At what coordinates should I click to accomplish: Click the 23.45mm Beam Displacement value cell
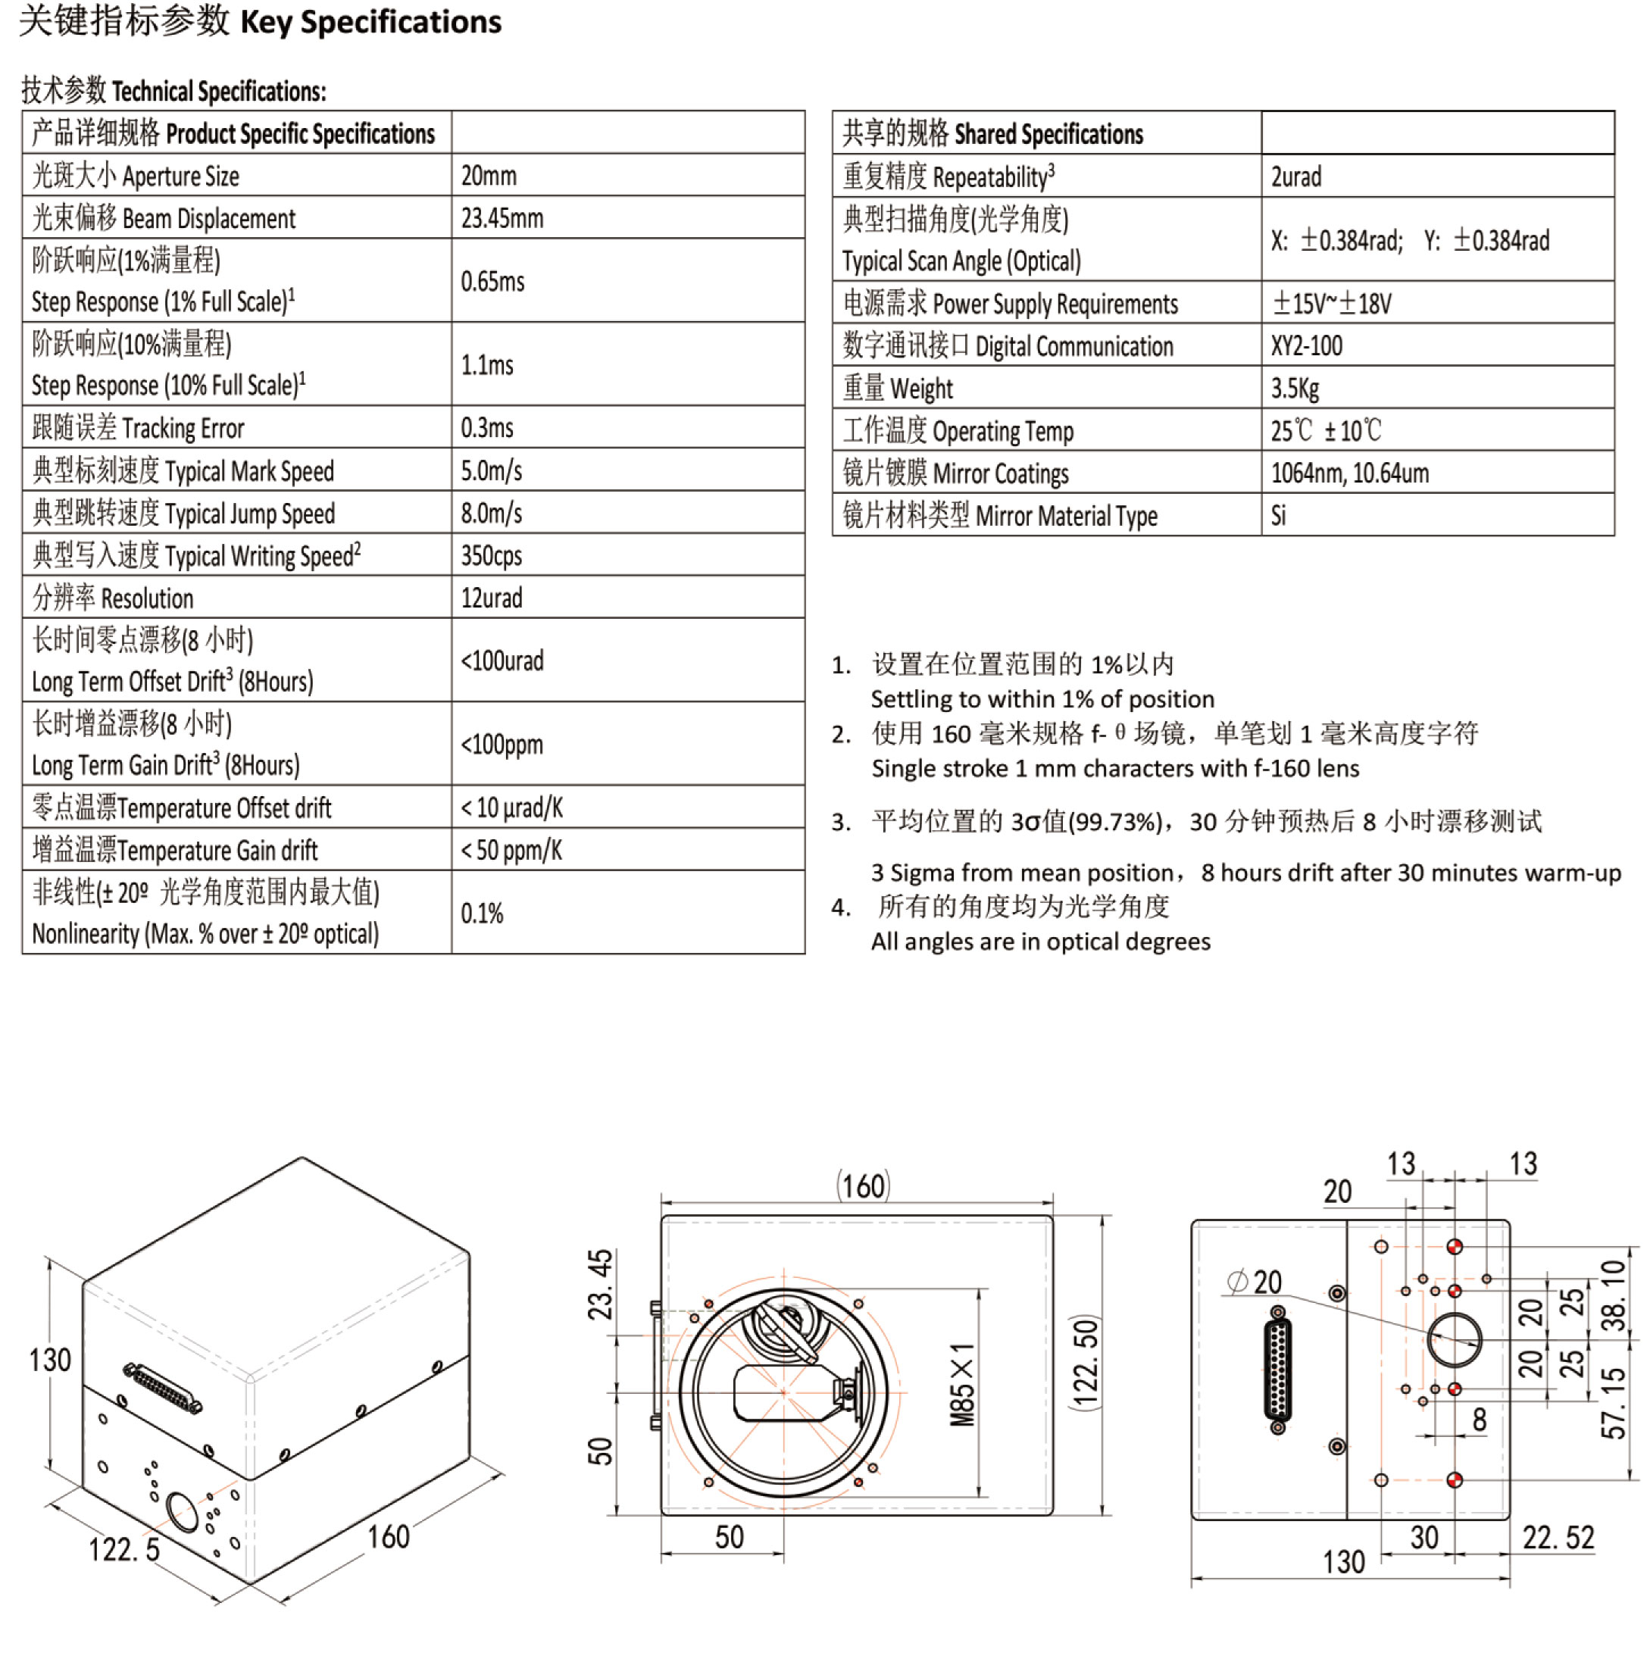pos(502,218)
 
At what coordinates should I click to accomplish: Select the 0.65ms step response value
pos(492,281)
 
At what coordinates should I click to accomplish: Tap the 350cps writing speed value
pos(491,555)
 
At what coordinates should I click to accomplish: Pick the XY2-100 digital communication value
pos(1306,345)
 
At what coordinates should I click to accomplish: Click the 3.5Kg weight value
pos(1294,389)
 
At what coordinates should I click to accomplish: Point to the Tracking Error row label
pos(138,427)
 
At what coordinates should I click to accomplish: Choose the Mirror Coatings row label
pos(955,473)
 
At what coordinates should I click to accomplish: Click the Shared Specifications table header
pos(992,133)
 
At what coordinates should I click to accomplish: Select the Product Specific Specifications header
pos(233,133)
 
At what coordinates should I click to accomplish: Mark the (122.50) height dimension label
pos(1086,1362)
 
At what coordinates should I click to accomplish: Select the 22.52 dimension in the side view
pos(1558,1536)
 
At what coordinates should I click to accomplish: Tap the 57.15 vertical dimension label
pos(1612,1403)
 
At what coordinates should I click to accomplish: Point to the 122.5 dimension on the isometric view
pos(124,1550)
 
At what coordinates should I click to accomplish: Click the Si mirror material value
pos(1278,515)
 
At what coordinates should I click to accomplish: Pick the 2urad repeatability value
pos(1295,176)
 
